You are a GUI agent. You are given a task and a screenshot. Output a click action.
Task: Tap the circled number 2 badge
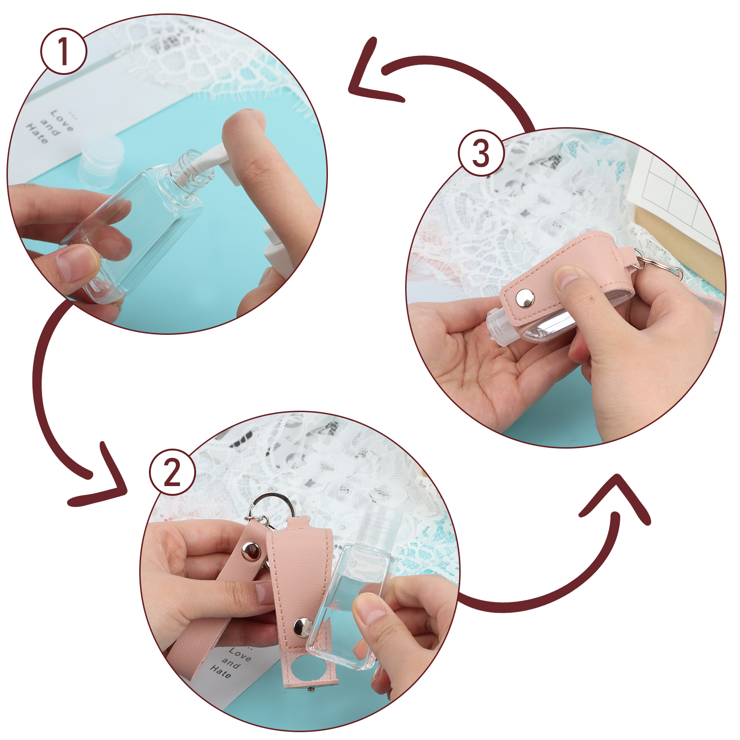[x=173, y=472]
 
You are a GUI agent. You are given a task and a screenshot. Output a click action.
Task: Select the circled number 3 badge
[x=481, y=153]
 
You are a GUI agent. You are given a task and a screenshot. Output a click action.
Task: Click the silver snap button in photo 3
[x=525, y=298]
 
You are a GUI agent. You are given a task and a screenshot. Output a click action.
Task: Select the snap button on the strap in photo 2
[x=251, y=551]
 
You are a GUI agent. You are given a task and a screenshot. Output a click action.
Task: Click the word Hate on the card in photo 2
[x=220, y=671]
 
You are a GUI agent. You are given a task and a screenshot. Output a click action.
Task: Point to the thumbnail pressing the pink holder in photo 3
[x=567, y=276]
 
